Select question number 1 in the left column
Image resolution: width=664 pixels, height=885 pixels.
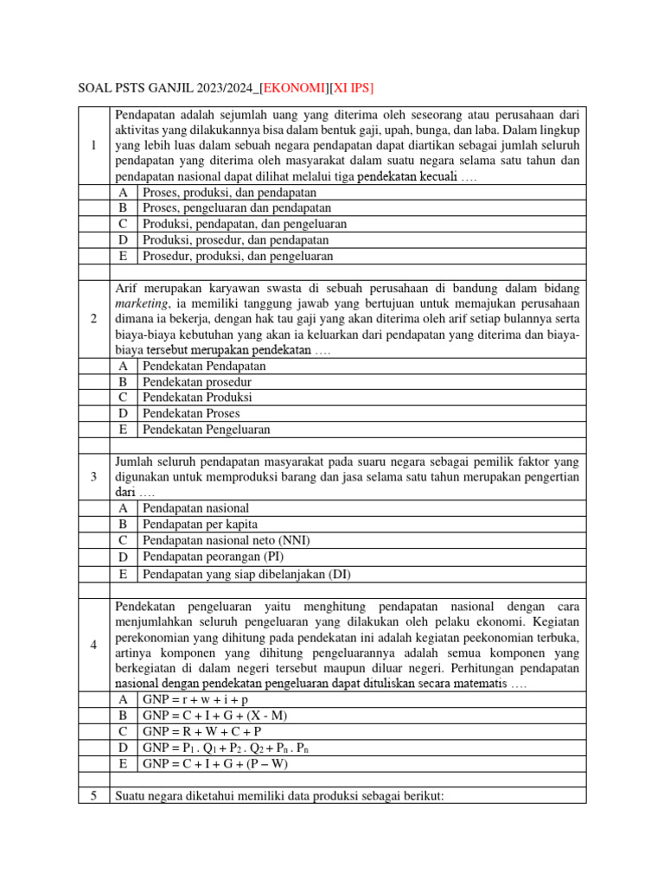pyautogui.click(x=93, y=145)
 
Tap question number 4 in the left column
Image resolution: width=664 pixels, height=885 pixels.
pyautogui.click(x=93, y=645)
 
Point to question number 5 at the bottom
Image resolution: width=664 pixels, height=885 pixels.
pyautogui.click(x=93, y=796)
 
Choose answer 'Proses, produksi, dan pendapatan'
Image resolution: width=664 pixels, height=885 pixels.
pyautogui.click(x=229, y=192)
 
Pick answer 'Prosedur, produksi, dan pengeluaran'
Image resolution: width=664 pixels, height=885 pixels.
pyautogui.click(x=237, y=256)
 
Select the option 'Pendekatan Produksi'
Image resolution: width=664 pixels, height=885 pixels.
pyautogui.click(x=197, y=397)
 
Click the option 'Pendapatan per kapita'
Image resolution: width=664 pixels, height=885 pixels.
pyautogui.click(x=200, y=524)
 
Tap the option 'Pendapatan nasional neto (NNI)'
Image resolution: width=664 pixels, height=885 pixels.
pyautogui.click(x=226, y=540)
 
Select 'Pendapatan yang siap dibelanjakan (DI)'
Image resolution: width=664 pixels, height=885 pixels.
pyautogui.click(x=246, y=573)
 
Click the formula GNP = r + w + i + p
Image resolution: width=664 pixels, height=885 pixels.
pyautogui.click(x=195, y=698)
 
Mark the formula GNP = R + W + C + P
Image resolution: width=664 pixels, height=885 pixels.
pyautogui.click(x=202, y=731)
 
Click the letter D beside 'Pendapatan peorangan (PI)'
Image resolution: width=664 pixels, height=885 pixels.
pyautogui.click(x=124, y=557)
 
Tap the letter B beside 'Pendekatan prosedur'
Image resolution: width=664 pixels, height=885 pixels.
pyautogui.click(x=124, y=381)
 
